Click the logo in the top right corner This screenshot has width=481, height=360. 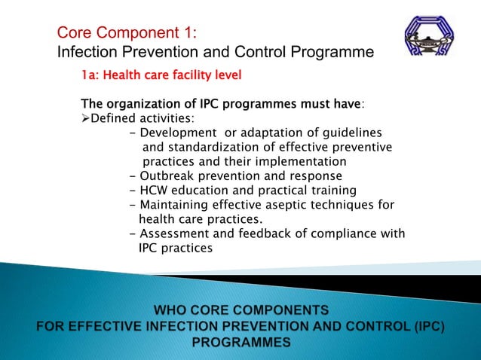tap(430, 37)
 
